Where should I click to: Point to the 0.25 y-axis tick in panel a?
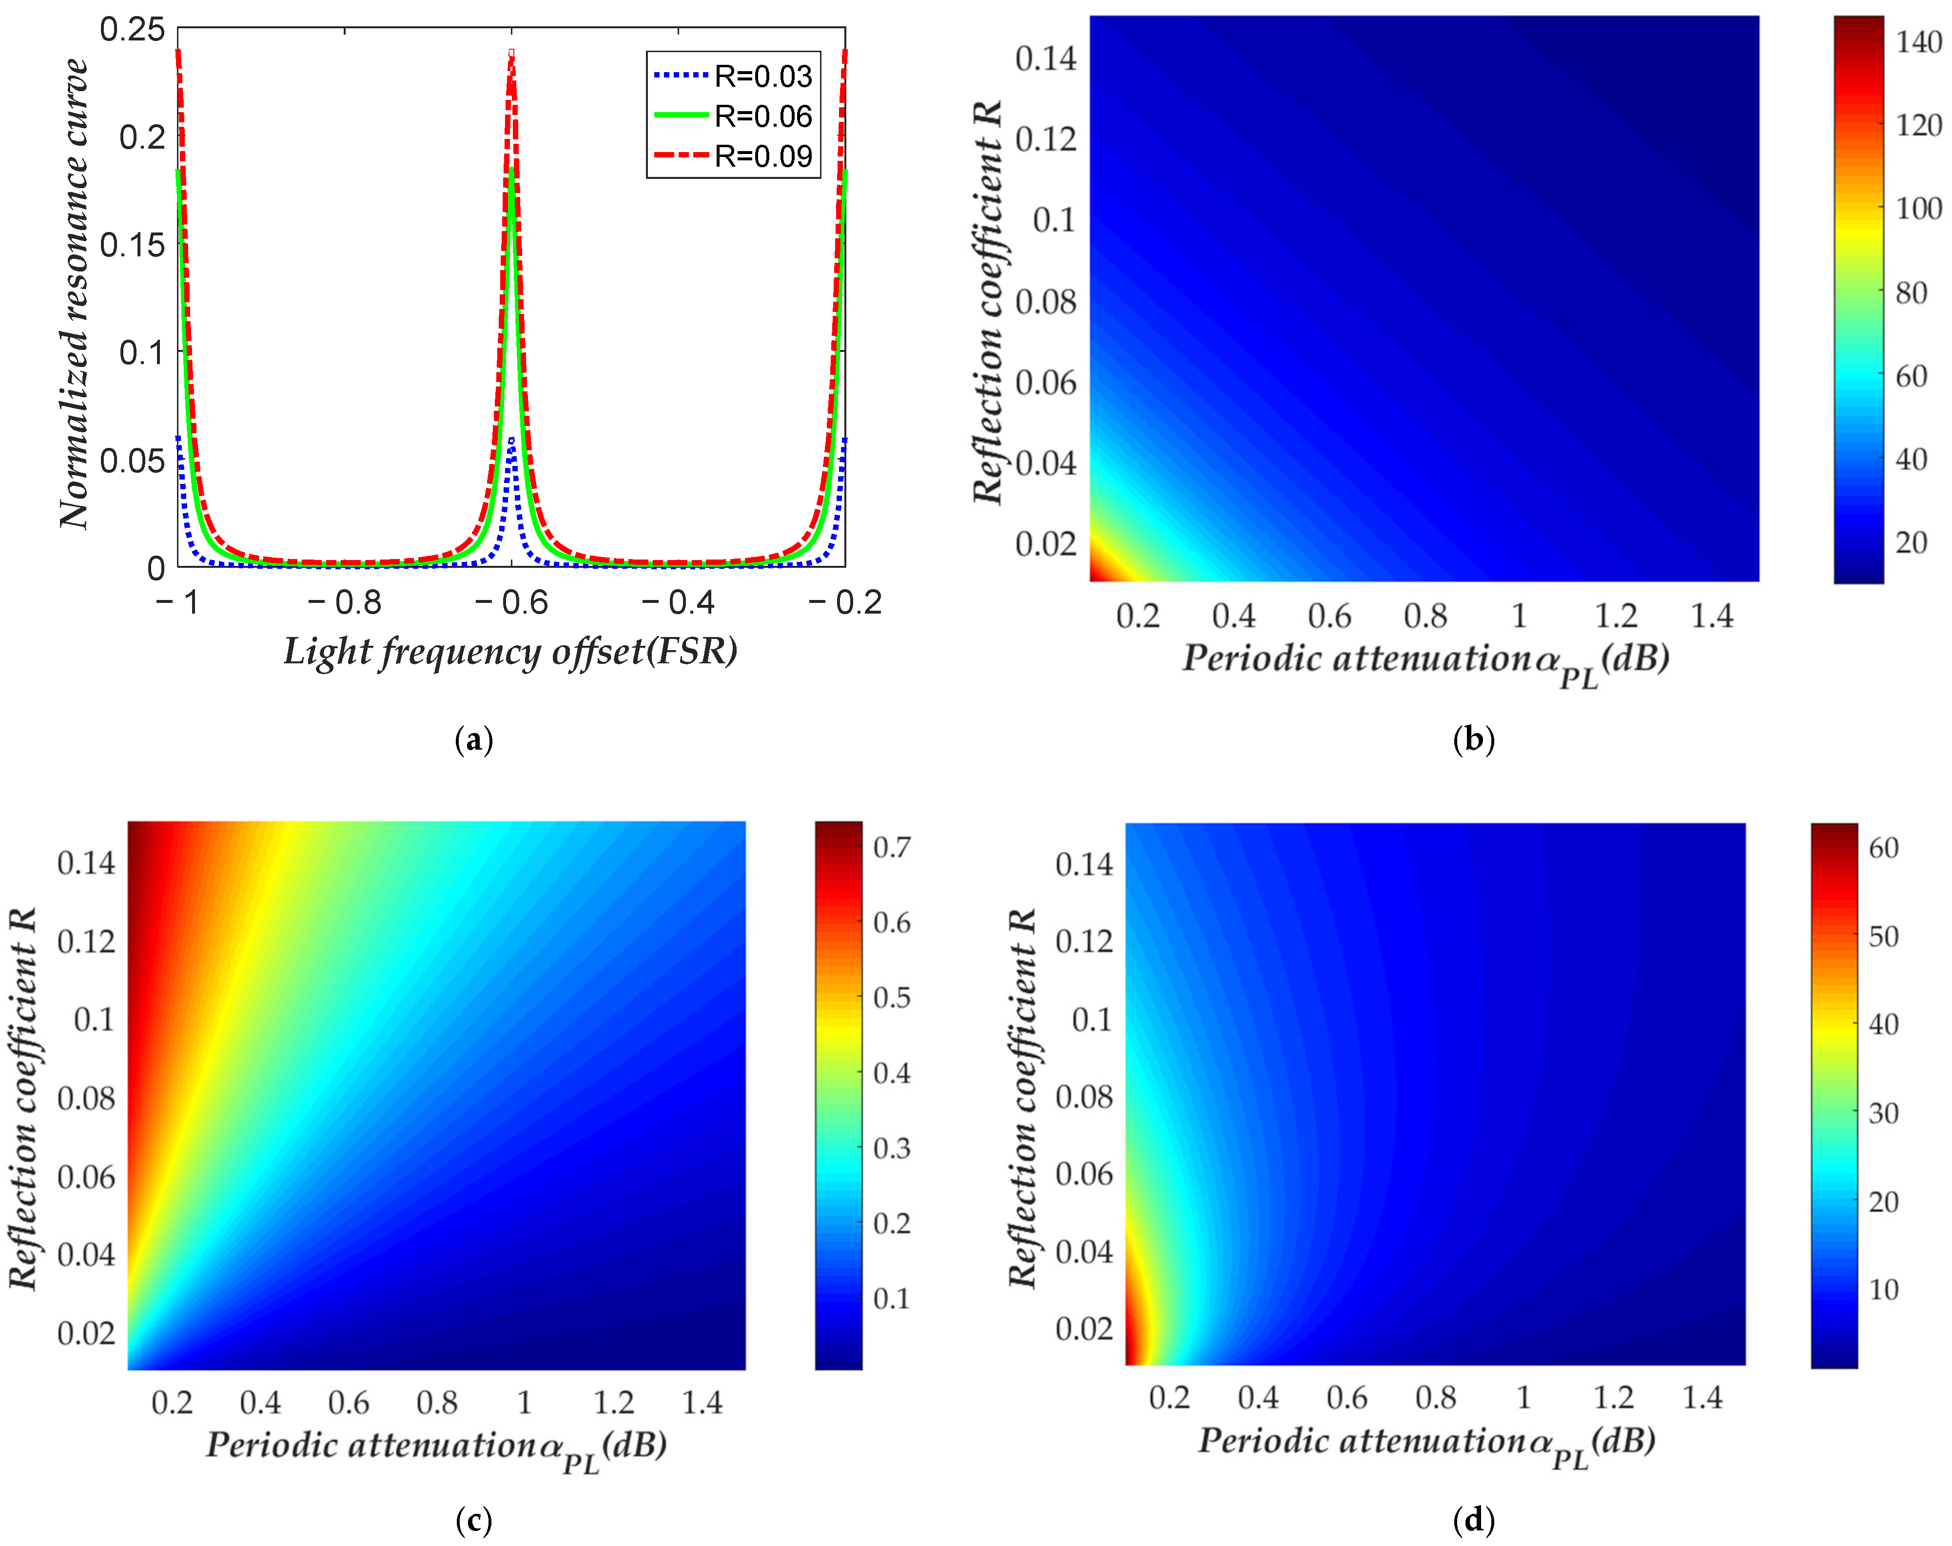point(132,30)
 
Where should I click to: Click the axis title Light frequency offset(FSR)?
point(510,652)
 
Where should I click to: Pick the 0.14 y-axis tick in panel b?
point(1046,59)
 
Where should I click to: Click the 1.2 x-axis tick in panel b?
point(1616,617)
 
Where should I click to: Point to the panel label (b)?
point(1473,739)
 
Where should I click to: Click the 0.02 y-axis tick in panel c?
point(86,1334)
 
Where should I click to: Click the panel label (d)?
point(1473,1520)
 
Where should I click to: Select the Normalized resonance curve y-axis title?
point(74,294)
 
